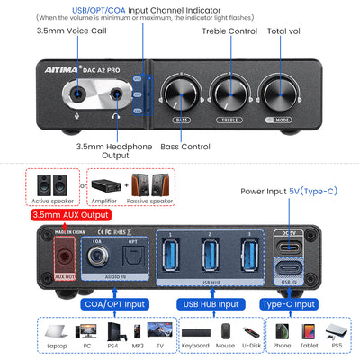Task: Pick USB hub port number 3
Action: click(x=248, y=255)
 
